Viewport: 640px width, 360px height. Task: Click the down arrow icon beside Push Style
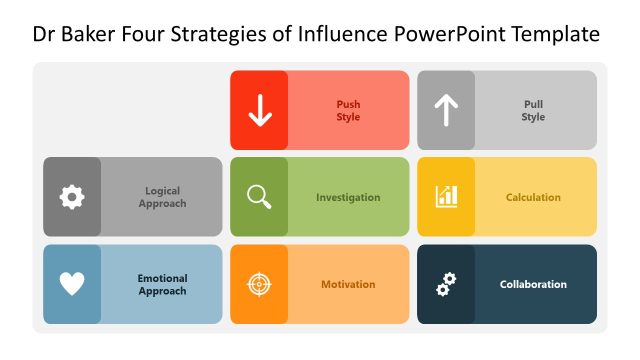click(260, 110)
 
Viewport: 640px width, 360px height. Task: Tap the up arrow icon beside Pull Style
click(446, 110)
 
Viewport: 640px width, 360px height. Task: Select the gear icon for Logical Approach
click(72, 197)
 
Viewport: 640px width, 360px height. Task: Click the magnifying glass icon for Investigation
click(259, 197)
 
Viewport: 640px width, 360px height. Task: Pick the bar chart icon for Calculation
click(446, 197)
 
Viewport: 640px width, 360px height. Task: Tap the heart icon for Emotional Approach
click(72, 284)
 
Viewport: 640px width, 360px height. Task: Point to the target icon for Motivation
click(259, 284)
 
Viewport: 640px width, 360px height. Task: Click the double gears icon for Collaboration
click(446, 284)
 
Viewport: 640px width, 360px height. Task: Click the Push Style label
click(348, 110)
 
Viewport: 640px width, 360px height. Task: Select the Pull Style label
click(533, 110)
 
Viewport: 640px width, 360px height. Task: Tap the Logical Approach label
click(162, 197)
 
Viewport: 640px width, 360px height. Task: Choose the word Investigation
click(348, 197)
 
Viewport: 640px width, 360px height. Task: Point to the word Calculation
click(533, 197)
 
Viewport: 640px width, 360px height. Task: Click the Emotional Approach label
click(162, 284)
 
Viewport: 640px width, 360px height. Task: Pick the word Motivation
click(348, 284)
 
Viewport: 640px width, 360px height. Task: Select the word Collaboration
click(533, 284)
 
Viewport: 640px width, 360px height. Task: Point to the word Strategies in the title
click(222, 35)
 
